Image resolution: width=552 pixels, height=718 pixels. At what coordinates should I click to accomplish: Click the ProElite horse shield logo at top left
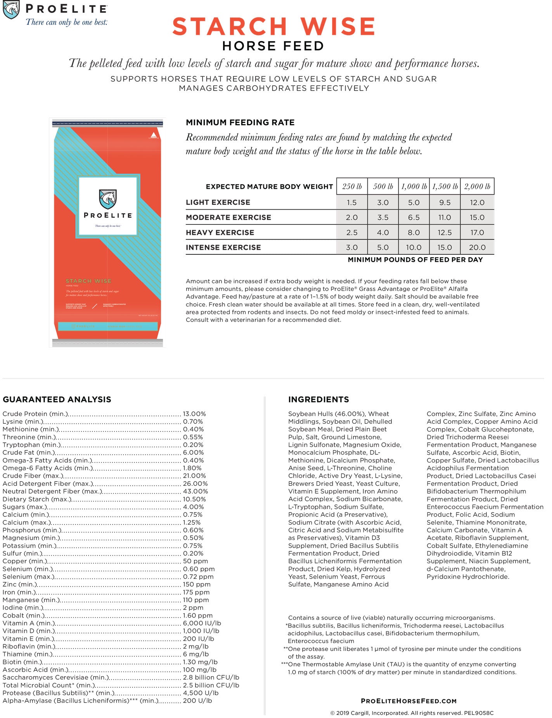tap(11, 10)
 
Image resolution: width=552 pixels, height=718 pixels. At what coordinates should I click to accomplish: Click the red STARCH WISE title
tap(273, 26)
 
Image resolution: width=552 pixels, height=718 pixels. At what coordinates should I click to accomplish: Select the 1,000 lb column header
tap(414, 186)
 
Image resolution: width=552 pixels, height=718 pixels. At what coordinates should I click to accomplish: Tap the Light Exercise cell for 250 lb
tap(352, 202)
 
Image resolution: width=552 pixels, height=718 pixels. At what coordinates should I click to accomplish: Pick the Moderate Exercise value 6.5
tap(414, 217)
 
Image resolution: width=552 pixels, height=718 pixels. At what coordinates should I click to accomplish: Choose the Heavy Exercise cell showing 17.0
tap(477, 233)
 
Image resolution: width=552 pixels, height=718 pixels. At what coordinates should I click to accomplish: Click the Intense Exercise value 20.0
tap(477, 247)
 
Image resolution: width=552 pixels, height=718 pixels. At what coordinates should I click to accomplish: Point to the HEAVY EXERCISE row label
tap(220, 233)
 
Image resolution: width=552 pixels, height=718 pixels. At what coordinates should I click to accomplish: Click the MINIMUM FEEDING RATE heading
tap(240, 123)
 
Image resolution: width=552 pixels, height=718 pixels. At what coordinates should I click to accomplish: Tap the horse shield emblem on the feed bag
tap(108, 199)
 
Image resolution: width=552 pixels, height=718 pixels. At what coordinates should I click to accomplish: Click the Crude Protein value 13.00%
tap(194, 414)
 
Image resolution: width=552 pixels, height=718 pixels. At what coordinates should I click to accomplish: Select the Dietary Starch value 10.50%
tap(194, 499)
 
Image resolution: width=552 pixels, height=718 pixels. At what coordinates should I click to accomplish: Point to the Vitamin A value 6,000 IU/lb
tap(202, 623)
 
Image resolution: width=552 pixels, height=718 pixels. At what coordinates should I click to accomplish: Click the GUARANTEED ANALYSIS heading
tap(57, 400)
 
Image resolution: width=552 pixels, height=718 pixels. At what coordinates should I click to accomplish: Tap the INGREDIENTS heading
tap(318, 400)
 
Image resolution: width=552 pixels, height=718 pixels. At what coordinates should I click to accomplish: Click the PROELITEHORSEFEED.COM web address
tap(408, 701)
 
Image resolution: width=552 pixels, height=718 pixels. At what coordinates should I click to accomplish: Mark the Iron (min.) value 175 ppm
tap(196, 592)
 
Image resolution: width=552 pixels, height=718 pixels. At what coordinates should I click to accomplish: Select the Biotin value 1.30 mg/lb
tap(200, 662)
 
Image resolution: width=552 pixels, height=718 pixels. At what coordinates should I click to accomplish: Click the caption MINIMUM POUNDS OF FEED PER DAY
tap(415, 260)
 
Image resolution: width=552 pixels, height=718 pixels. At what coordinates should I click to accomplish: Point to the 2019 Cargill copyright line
tap(412, 713)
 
